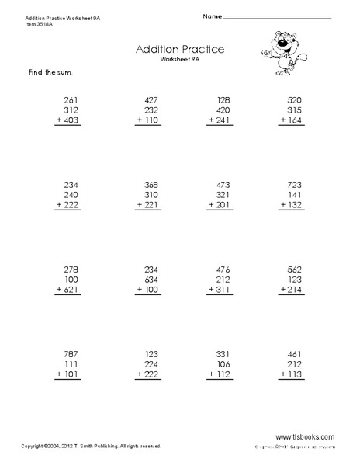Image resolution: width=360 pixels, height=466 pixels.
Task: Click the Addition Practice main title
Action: pyautogui.click(x=179, y=49)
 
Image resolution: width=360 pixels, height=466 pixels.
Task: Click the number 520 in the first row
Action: pyautogui.click(x=296, y=99)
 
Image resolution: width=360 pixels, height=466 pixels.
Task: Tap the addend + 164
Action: pyautogui.click(x=292, y=122)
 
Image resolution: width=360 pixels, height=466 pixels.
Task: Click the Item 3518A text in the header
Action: pyautogui.click(x=19, y=23)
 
